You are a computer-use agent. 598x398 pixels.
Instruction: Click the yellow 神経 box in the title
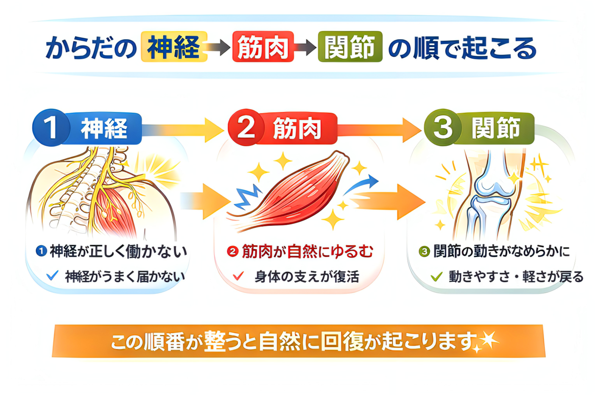[174, 47]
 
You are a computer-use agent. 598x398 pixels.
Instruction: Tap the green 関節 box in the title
[350, 47]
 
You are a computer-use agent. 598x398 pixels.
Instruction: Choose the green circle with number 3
[442, 127]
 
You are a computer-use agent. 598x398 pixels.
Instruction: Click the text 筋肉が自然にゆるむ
[307, 252]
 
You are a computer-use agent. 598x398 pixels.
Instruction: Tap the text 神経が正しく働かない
[118, 252]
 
